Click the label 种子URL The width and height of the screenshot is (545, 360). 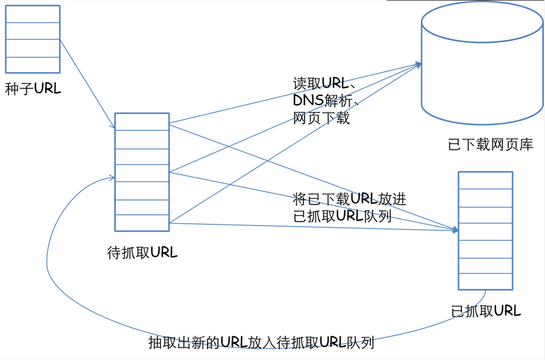point(33,89)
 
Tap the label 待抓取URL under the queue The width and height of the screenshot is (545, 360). point(142,252)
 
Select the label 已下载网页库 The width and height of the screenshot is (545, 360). point(490,145)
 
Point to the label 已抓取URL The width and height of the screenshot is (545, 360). point(486,311)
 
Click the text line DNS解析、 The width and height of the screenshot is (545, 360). point(325,101)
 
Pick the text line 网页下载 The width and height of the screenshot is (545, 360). point(321,118)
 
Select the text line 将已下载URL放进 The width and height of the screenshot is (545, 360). point(350,199)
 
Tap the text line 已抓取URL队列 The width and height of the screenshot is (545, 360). point(342,215)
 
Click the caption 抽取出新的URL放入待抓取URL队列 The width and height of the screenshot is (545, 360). point(261,343)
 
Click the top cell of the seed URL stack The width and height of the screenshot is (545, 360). point(33,14)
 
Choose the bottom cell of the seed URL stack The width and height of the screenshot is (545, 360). point(33,65)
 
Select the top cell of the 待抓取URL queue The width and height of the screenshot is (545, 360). point(142,121)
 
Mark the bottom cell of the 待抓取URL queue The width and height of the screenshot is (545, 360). point(142,223)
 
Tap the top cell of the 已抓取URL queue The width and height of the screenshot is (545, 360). point(486,180)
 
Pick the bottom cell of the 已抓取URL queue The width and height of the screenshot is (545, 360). point(486,281)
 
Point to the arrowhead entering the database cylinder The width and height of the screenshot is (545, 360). point(419,65)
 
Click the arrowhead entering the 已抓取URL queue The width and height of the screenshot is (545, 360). point(456,230)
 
